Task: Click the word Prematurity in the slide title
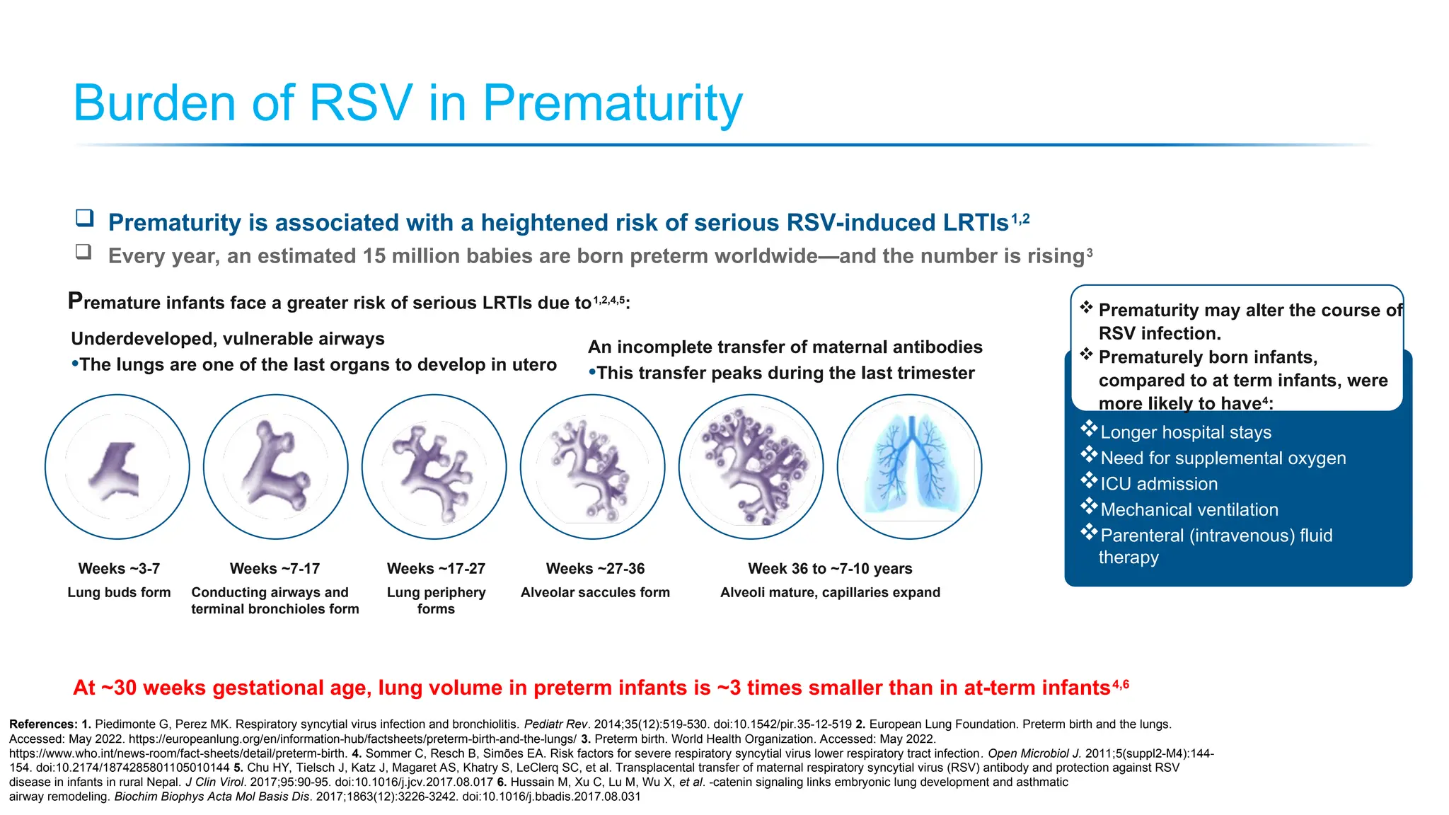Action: pyautogui.click(x=613, y=103)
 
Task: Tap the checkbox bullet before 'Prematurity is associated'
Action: pyautogui.click(x=85, y=218)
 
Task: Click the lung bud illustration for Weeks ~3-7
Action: pyautogui.click(x=117, y=467)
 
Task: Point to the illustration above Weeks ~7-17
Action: pyautogui.click(x=276, y=467)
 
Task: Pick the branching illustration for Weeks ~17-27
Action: pyautogui.click(x=434, y=467)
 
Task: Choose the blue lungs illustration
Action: pyautogui.click(x=910, y=467)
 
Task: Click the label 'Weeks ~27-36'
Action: pyautogui.click(x=595, y=569)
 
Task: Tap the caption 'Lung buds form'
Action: pyautogui.click(x=119, y=592)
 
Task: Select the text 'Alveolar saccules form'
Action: pyautogui.click(x=595, y=592)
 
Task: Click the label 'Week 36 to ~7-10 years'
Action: pyautogui.click(x=830, y=569)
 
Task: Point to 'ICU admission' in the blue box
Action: pyautogui.click(x=1159, y=484)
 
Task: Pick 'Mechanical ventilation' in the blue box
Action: pyautogui.click(x=1189, y=509)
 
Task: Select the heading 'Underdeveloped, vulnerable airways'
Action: pyautogui.click(x=228, y=339)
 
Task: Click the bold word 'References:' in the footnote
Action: pyautogui.click(x=43, y=724)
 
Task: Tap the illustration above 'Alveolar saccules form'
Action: pyautogui.click(x=593, y=467)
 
